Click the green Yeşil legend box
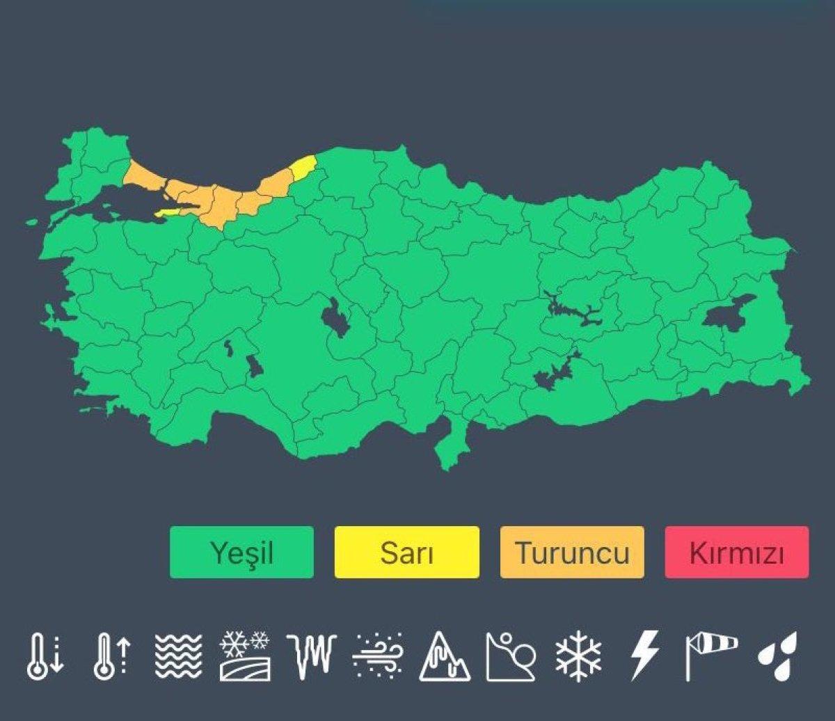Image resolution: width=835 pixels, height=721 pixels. tap(241, 553)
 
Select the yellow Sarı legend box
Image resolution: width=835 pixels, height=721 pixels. tap(406, 553)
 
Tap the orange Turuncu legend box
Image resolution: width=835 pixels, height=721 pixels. tap(572, 553)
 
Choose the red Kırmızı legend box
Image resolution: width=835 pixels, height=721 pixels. tap(736, 553)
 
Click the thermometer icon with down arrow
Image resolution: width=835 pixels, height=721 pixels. tap(45, 656)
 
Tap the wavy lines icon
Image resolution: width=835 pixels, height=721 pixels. tap(178, 656)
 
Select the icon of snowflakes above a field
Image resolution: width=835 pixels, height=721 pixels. tap(244, 656)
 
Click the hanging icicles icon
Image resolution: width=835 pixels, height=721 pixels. tap(311, 656)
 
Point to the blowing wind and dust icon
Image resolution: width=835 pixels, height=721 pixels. tap(378, 656)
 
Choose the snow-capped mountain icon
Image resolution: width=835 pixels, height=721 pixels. tap(445, 656)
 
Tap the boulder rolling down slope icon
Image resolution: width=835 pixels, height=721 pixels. tap(511, 656)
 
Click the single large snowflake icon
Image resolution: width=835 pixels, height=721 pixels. tap(578, 656)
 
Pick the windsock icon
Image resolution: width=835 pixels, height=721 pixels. tap(710, 656)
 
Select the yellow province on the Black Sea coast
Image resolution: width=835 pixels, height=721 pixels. tap(303, 167)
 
